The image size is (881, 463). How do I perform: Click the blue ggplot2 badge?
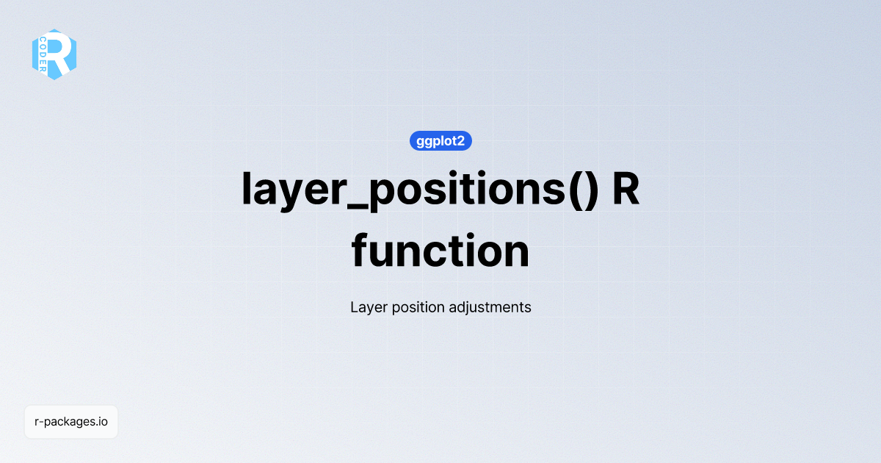click(440, 141)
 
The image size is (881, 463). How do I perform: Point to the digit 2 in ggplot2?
click(460, 141)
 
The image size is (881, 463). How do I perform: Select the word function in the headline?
click(440, 251)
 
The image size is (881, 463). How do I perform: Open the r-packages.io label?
click(71, 422)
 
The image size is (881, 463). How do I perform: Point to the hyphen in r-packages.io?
click(41, 423)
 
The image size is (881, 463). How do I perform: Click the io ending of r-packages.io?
click(103, 422)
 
